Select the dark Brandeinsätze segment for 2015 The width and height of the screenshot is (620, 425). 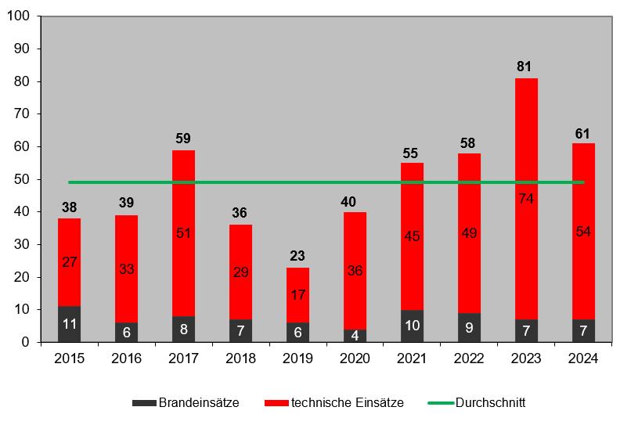(69, 324)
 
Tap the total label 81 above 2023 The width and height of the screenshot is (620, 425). (524, 67)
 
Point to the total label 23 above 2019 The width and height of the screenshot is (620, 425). (297, 256)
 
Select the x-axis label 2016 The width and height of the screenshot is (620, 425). (126, 358)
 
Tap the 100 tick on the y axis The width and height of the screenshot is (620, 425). (18, 16)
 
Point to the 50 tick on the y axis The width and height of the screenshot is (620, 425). (21, 179)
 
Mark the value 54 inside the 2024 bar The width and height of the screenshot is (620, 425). (582, 232)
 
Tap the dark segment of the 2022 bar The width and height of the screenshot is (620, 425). (468, 327)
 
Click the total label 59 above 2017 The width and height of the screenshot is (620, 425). (183, 139)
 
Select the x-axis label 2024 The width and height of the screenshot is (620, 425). (582, 358)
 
